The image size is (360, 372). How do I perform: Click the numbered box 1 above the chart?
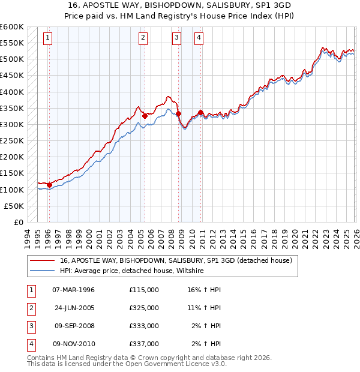[x=48, y=38]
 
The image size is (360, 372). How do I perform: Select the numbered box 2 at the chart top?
[x=143, y=38]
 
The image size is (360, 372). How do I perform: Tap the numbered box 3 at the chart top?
[x=177, y=38]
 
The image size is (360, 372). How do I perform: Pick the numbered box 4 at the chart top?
[x=199, y=38]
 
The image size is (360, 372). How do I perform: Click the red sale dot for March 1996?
[x=49, y=185]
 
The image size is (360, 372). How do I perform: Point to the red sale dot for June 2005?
[x=145, y=116]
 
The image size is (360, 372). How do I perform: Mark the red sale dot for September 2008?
[x=178, y=113]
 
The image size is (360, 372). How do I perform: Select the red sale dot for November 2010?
[x=200, y=112]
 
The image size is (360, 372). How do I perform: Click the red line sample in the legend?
[x=43, y=260]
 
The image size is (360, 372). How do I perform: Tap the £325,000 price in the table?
[x=143, y=308]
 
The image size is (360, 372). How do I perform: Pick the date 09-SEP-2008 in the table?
[x=73, y=326]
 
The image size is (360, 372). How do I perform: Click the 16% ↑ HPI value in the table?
[x=204, y=290]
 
